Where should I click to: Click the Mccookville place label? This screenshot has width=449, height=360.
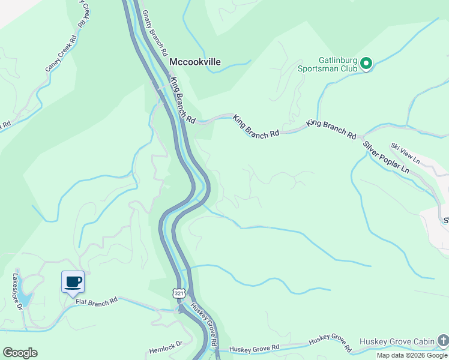(x=194, y=62)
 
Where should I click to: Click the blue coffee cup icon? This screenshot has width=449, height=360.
(x=73, y=281)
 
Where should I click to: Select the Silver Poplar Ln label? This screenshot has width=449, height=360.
(x=385, y=158)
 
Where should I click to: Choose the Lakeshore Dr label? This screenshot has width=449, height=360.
(x=17, y=292)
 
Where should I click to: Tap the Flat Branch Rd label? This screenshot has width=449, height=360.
(x=97, y=301)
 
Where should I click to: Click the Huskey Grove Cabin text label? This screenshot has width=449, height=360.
(x=397, y=342)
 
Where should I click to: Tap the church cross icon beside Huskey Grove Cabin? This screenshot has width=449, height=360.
(x=442, y=341)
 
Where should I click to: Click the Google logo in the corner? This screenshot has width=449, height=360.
(x=20, y=352)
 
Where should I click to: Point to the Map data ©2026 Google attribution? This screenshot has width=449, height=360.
(x=412, y=355)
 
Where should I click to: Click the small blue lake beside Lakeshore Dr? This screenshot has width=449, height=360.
(x=24, y=298)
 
